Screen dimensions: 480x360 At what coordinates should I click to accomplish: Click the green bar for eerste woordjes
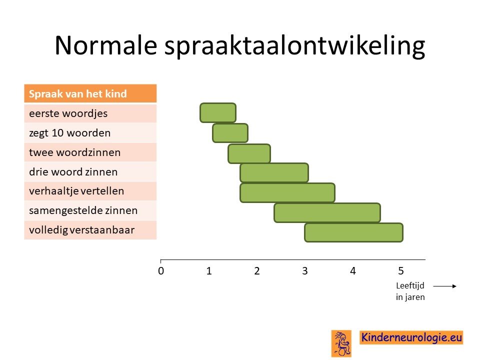218,113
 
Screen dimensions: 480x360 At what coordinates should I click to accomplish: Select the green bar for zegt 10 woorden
230,133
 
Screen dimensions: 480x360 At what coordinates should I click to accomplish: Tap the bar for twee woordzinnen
249,153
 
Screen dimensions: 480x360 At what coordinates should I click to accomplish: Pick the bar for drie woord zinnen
274,173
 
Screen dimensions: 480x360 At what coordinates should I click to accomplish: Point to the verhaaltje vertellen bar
287,193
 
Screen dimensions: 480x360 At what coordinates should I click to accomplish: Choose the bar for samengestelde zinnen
327,213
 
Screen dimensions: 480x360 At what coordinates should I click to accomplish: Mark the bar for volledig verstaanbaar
354,232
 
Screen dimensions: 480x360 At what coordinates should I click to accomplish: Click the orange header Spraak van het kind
90,93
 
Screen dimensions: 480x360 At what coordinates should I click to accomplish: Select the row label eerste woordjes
68,113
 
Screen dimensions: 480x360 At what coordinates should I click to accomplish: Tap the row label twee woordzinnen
74,152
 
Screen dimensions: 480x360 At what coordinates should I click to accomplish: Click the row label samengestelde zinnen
83,210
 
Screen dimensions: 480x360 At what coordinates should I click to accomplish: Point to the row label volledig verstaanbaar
81,230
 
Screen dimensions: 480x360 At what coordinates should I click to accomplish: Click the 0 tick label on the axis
161,271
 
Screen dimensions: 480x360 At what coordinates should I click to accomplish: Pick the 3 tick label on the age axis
305,271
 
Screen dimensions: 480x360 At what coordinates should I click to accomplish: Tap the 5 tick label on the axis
401,271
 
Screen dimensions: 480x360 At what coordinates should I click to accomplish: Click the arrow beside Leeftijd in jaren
445,286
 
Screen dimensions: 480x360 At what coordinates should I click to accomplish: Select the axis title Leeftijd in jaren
410,291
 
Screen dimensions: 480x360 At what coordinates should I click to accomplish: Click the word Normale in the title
106,45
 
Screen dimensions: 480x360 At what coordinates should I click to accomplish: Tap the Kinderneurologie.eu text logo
411,337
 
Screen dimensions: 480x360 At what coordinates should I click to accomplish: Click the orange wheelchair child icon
341,343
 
